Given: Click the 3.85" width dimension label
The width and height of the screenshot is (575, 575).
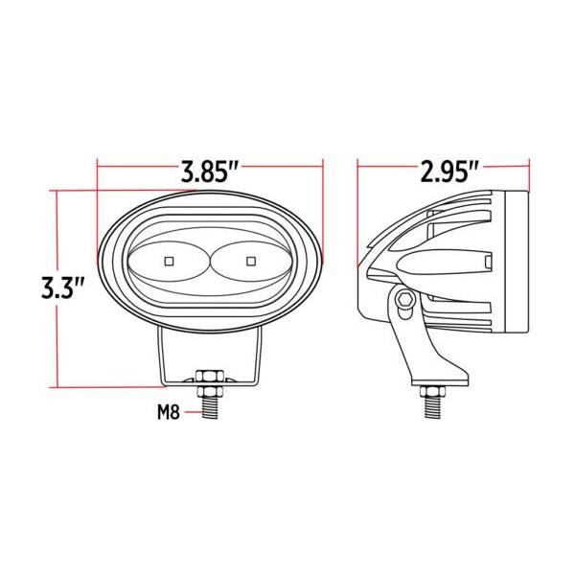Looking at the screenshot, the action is (210, 172).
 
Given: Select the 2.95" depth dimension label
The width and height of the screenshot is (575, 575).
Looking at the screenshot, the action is (450, 172).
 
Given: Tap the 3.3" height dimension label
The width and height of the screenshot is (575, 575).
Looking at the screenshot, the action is (63, 287).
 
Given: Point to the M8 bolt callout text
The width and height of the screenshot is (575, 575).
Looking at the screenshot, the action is (169, 413).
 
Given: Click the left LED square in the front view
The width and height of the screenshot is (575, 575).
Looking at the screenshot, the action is (169, 261).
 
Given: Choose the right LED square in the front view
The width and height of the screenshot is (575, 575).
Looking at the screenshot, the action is (251, 261).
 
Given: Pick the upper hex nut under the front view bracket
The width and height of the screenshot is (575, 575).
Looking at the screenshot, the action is (210, 377).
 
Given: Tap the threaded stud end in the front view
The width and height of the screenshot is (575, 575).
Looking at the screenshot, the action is (210, 408).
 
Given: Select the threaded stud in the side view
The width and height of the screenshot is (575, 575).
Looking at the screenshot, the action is (433, 407).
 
